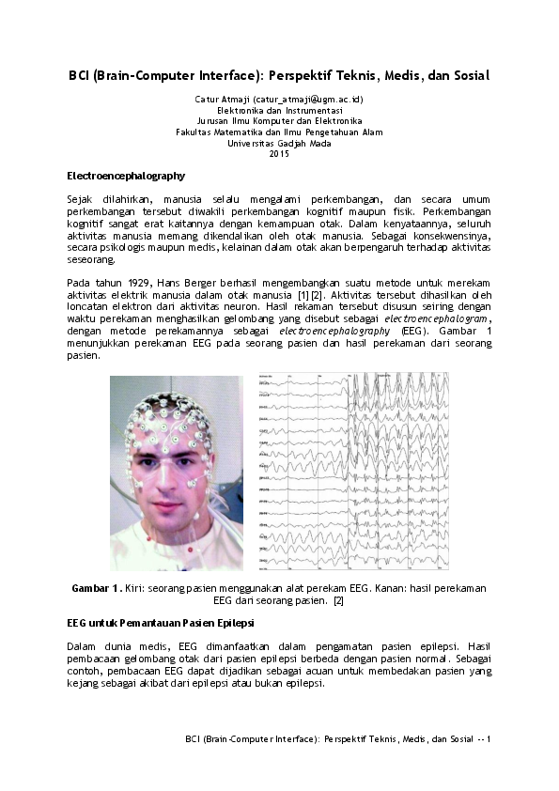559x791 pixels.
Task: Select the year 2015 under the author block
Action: [279, 154]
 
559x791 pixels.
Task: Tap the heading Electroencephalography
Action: [126, 176]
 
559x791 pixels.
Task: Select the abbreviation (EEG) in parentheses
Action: [412, 332]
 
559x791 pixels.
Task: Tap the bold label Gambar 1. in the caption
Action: [97, 588]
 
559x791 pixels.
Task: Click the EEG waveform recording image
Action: [352, 472]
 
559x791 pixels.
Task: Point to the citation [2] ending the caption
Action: [339, 599]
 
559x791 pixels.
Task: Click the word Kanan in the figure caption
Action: [364, 588]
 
